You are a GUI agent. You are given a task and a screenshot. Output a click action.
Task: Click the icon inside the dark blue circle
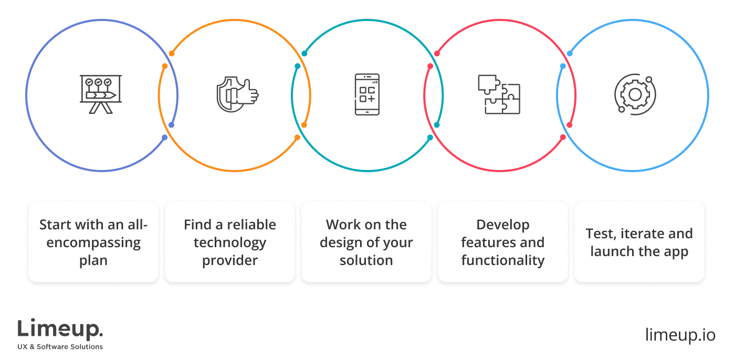point(100,93)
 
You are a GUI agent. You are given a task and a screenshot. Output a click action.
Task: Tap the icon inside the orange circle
point(237,95)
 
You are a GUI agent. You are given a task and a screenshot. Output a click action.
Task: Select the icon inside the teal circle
point(367,94)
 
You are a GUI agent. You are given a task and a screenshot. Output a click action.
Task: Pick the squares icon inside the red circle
point(497,93)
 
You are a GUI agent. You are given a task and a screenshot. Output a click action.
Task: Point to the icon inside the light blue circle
point(635,94)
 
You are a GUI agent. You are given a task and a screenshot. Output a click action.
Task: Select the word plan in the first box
point(93,260)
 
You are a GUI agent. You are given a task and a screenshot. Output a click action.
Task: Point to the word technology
point(229,242)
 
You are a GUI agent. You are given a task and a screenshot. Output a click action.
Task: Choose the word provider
point(229,260)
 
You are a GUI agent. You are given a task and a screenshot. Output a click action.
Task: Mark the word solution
point(366,260)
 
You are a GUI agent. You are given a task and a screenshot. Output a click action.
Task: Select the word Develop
point(502,225)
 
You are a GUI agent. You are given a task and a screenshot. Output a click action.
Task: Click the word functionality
point(502,260)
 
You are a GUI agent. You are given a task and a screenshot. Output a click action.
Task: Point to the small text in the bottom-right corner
point(679,334)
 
